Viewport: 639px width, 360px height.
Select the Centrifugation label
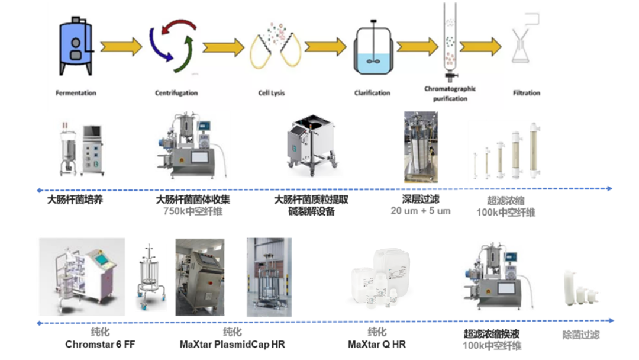click(176, 93)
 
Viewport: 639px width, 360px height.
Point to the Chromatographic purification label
click(450, 94)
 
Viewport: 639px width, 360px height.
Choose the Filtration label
click(527, 93)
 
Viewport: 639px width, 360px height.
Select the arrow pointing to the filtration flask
click(480, 47)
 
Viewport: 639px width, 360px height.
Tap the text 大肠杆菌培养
click(75, 200)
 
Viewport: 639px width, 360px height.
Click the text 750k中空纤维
click(193, 211)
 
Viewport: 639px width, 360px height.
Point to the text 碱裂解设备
click(311, 211)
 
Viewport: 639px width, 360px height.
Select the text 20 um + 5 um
click(421, 211)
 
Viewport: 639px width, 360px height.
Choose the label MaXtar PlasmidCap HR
click(232, 345)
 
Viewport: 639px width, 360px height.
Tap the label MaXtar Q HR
click(377, 345)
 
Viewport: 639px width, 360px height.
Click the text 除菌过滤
click(581, 335)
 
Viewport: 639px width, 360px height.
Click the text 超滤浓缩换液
click(492, 335)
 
